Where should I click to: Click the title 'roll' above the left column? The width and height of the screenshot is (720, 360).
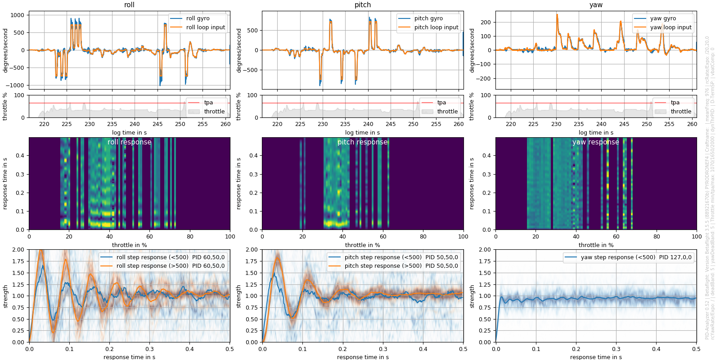pos(129,5)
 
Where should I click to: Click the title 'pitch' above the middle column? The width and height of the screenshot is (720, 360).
pos(362,5)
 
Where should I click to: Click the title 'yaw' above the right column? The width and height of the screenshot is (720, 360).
pos(596,5)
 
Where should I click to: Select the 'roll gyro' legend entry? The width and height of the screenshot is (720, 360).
pos(198,18)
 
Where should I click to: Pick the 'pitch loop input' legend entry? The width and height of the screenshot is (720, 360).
pos(436,27)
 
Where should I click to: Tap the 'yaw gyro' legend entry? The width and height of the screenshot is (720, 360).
pos(663,18)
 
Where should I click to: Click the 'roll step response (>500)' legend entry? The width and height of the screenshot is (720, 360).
pos(170,266)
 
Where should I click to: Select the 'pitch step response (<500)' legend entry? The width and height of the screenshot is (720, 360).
pos(383,257)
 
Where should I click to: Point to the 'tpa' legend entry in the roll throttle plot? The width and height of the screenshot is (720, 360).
pos(208,103)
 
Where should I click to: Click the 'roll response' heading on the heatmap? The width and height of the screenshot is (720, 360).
pos(129,142)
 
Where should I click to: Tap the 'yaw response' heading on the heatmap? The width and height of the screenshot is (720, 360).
pos(595,142)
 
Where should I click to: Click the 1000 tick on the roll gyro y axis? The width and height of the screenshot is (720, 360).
pos(17,15)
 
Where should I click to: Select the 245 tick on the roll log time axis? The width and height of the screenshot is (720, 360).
pos(157,124)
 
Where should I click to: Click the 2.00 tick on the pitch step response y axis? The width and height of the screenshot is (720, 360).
pos(252,250)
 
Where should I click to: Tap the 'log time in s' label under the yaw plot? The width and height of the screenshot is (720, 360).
pos(595,133)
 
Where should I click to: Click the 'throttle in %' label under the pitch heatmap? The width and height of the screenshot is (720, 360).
pos(362,245)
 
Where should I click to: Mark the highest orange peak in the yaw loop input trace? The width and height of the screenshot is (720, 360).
pos(557,15)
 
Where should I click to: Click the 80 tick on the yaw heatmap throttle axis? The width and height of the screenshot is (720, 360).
pos(657,236)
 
